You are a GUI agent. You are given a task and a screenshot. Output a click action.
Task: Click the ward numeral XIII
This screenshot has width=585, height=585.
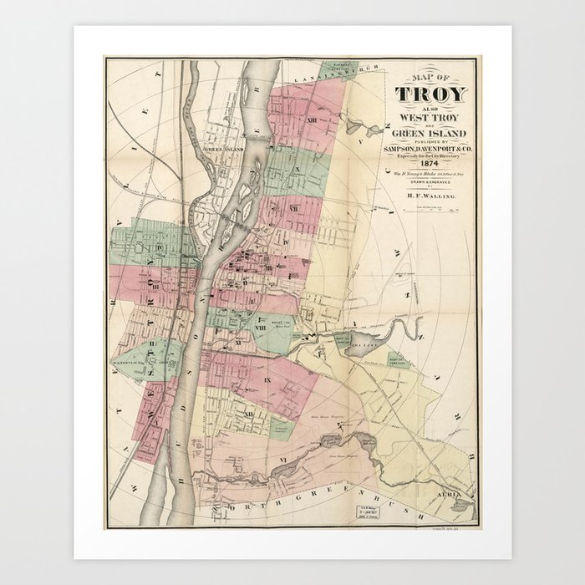click(311, 121)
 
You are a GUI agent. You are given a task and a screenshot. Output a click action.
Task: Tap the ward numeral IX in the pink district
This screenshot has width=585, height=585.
click(267, 380)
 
